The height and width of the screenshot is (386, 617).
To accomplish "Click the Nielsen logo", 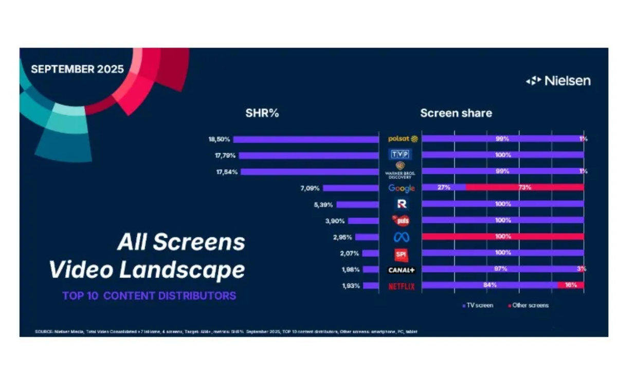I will pos(558,81).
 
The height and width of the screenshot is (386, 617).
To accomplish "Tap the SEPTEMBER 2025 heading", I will pos(77,69).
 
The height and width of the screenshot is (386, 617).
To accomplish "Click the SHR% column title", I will pos(262,113).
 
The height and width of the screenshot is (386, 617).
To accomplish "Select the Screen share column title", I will pos(456,113).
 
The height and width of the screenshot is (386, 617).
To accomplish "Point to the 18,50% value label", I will pos(219,139).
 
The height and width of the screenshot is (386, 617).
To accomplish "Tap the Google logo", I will pos(402,188).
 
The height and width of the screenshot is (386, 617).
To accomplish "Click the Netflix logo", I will pos(402,286).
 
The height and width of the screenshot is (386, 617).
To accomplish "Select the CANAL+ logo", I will pos(402,270).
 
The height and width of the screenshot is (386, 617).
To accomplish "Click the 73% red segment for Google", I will pos(524,188).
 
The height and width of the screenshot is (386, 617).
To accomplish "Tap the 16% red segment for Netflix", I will pos(571,285).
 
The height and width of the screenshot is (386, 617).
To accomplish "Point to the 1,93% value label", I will pos(351,286).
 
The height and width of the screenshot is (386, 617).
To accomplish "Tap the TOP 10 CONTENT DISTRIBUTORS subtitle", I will pos(149,296).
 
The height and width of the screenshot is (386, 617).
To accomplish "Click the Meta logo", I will pos(402,237).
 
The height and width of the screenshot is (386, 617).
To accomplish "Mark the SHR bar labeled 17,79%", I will pos(308,155).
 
